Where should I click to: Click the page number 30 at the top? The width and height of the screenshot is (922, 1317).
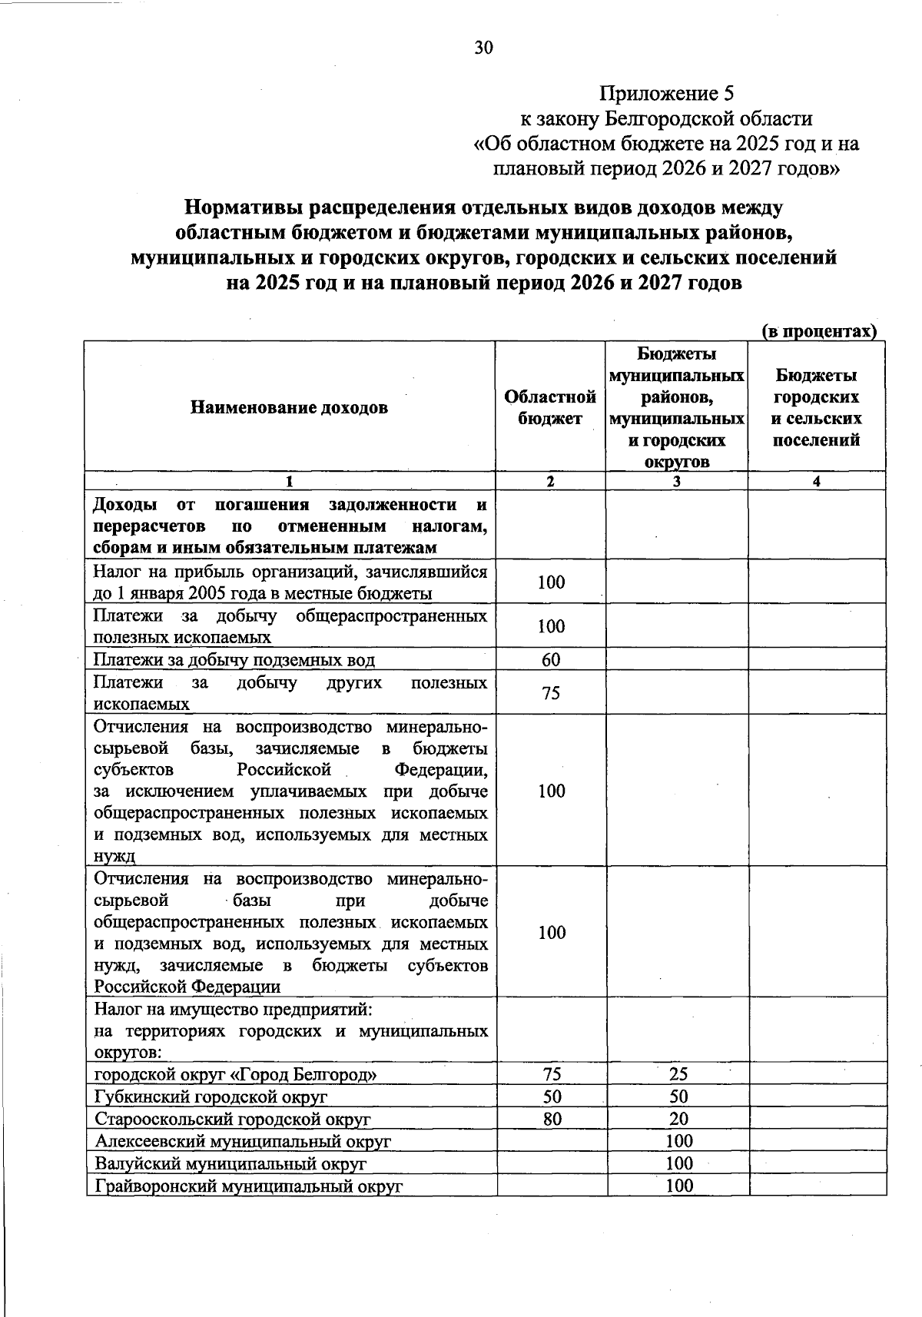coord(483,48)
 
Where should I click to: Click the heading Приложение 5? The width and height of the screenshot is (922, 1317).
coord(667,94)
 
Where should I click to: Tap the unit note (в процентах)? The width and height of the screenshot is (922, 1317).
coord(819,331)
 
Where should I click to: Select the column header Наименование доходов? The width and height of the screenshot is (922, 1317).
coord(289,407)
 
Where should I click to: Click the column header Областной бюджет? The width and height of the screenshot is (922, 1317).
coord(550,407)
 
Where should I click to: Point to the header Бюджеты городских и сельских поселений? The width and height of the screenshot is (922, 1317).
coord(816,407)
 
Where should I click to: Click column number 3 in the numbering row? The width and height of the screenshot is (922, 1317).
coord(676,482)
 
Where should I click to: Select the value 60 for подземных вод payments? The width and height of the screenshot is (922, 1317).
coord(551,659)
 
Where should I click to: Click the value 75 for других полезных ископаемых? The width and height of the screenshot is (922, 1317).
coord(551,693)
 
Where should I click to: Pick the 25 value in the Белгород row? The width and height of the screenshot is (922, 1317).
coord(678,1073)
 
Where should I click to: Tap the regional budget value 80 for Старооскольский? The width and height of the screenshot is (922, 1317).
coord(552,1119)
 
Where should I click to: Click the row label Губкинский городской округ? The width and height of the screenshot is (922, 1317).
coord(211,1096)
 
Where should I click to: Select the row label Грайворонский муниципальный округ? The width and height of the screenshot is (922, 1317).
coord(249,1186)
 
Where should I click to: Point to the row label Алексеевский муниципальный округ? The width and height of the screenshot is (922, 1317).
coord(243,1141)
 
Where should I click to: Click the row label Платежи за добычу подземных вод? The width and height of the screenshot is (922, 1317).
coord(234,660)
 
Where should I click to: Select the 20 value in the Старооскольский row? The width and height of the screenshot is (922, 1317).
coord(678,1119)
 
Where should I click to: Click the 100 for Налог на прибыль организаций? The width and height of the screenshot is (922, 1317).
coord(551,582)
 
